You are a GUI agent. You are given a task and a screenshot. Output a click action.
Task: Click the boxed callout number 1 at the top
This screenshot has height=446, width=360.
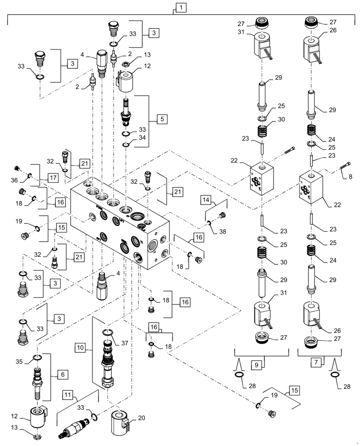(x=180, y=7)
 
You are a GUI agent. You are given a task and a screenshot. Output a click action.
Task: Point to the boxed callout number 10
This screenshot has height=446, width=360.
(x=80, y=347)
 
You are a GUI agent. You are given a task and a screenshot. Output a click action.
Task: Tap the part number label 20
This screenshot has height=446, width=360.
(x=142, y=418)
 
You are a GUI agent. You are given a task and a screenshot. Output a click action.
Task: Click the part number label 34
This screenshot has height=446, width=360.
(x=143, y=137)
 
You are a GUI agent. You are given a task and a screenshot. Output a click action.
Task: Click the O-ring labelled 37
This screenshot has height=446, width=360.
(x=108, y=332)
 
